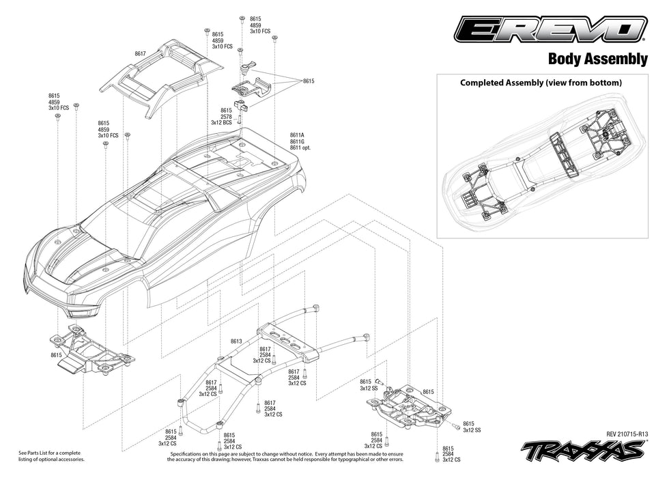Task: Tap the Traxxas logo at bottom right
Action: tap(584, 451)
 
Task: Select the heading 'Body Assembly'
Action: tap(597, 59)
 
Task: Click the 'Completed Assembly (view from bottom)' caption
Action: tap(541, 83)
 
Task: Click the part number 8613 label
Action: tap(237, 341)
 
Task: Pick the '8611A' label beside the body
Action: tap(297, 136)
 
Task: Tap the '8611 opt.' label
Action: tap(300, 147)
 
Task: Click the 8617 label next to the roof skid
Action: tap(140, 53)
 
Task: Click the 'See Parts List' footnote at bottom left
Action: tap(51, 456)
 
